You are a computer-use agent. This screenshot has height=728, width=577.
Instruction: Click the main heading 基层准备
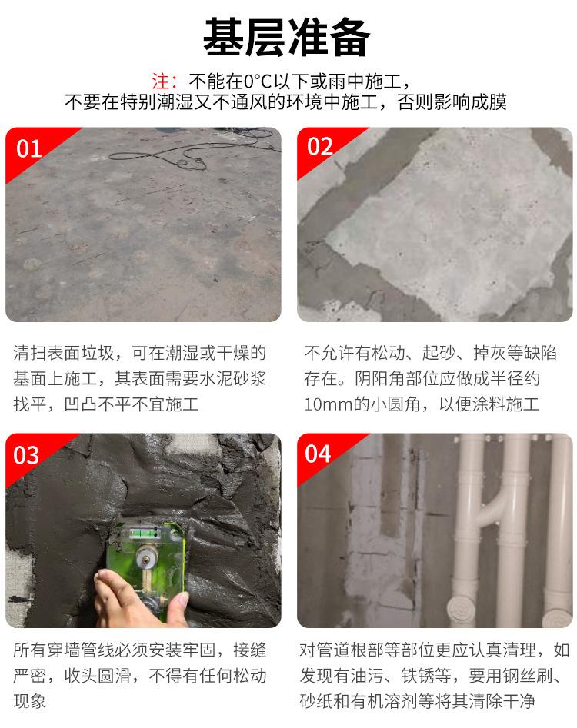[287, 37]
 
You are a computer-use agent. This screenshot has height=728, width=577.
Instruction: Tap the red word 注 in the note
[160, 81]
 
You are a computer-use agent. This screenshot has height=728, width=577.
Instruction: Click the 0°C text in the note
[258, 81]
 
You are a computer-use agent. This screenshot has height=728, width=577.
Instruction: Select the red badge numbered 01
[28, 148]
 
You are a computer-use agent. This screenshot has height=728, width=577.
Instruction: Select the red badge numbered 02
[320, 147]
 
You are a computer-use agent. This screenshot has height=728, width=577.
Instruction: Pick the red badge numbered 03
[26, 455]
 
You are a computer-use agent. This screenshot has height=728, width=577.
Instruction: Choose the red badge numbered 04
[319, 454]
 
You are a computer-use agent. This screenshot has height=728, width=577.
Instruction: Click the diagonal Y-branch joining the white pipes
[493, 510]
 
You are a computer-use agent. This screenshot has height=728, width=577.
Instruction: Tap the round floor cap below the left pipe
[462, 609]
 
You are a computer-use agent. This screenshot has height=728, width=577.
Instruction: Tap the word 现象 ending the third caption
[30, 701]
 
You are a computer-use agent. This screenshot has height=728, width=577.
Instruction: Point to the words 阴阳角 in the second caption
[379, 378]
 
